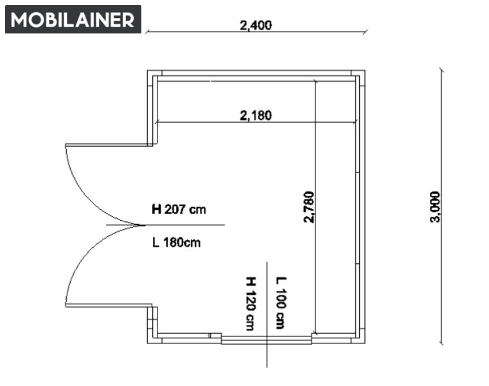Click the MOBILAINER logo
click(73, 19)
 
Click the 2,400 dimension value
click(256, 25)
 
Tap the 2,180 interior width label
click(256, 116)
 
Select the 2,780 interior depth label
click(308, 207)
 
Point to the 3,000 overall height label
click(435, 207)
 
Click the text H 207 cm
click(179, 209)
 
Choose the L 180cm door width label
click(176, 243)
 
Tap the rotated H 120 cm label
click(251, 304)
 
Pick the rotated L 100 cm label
click(281, 303)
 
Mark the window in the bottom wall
click(267, 339)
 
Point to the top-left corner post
click(152, 75)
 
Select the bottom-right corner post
click(359, 338)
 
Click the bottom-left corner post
click(152, 338)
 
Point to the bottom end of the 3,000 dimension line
click(441, 344)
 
